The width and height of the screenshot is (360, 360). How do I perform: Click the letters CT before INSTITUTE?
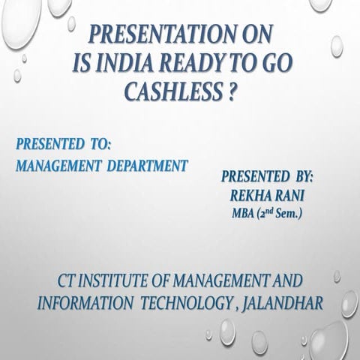68,282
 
